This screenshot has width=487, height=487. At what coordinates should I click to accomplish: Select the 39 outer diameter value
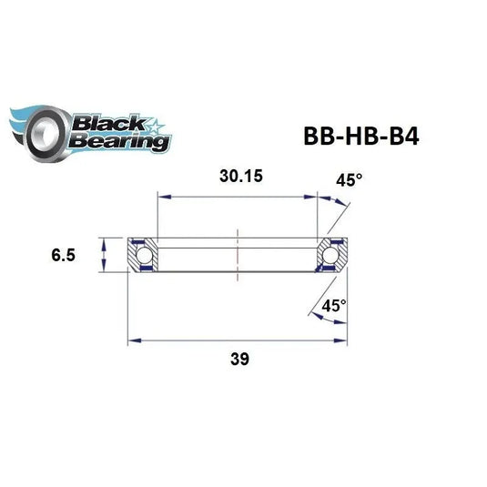click(x=240, y=358)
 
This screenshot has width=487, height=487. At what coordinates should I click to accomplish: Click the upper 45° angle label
click(x=348, y=180)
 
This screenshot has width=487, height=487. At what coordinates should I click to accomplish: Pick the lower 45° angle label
click(x=334, y=307)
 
